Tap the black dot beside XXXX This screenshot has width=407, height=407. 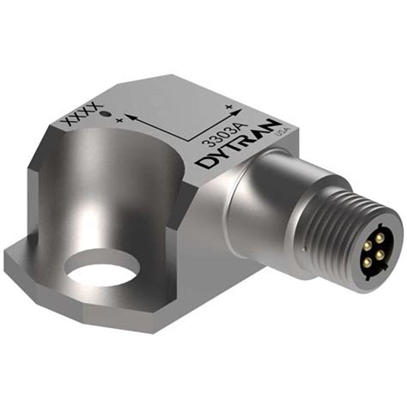click(103, 114)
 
